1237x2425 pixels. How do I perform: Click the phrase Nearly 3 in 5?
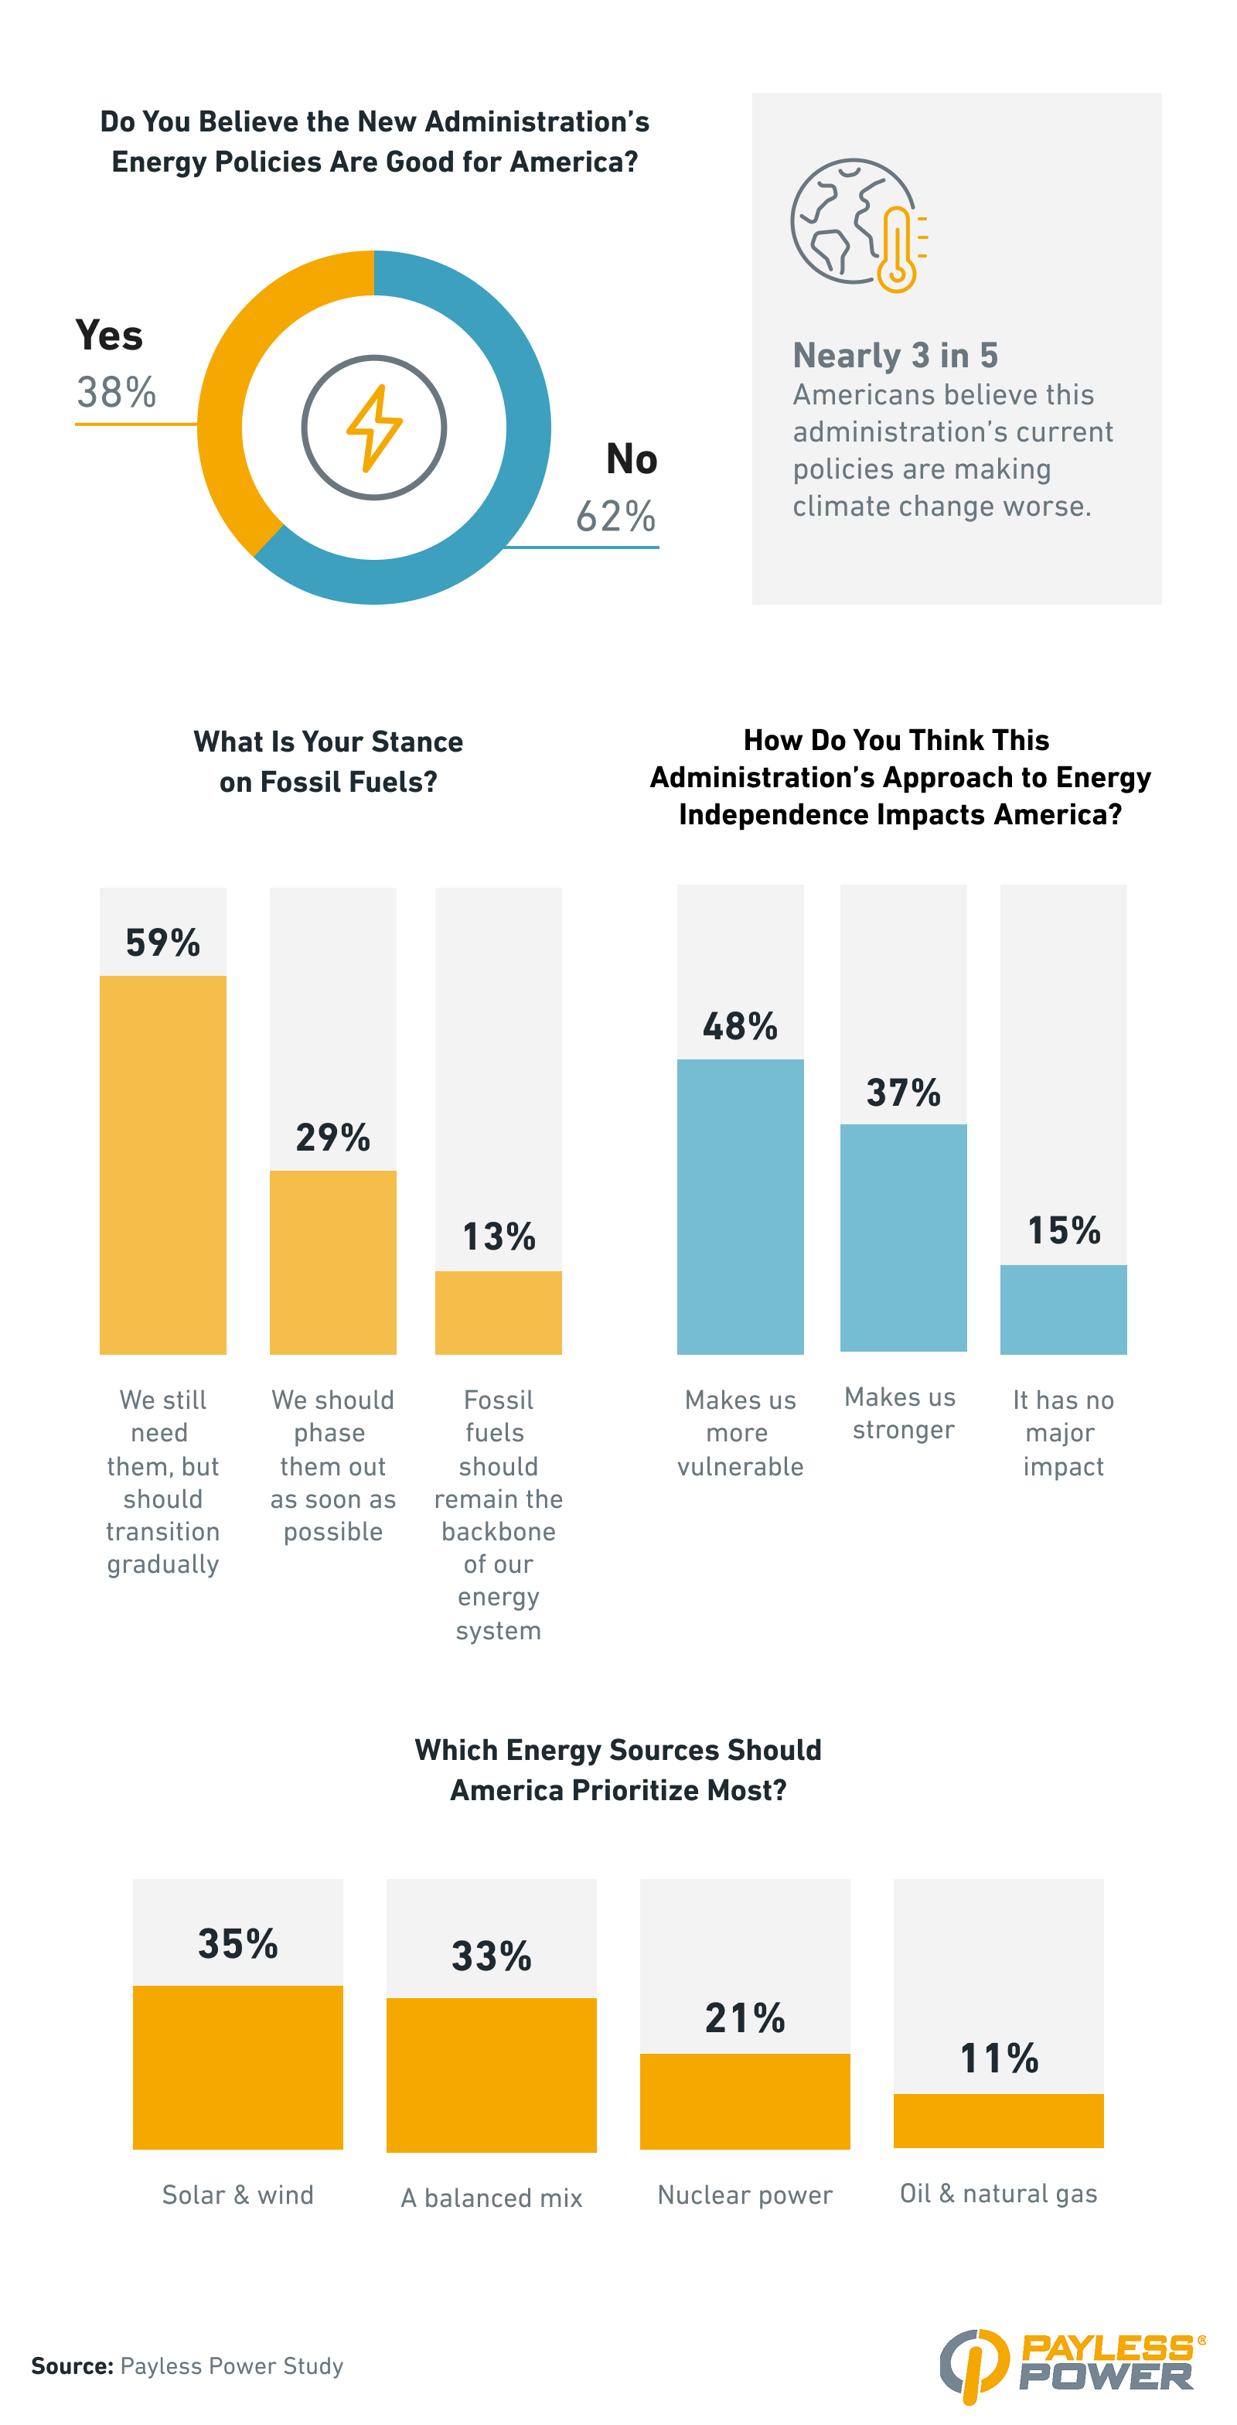click(895, 355)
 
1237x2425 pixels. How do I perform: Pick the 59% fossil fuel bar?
click(163, 1164)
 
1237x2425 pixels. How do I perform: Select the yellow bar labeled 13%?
click(498, 1312)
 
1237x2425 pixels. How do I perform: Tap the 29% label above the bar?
click(332, 1137)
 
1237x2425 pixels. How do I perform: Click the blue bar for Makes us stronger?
click(903, 1237)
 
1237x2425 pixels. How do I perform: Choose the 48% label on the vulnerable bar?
click(740, 1026)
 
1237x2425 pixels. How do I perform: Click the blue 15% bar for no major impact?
click(1063, 1308)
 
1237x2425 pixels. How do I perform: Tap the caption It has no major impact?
click(1063, 1432)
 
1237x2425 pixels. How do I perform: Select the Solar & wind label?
click(237, 2195)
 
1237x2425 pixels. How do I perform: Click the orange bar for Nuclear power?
click(745, 2100)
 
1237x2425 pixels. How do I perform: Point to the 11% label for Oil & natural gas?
click(998, 2058)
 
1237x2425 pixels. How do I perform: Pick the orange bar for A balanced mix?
click(492, 2075)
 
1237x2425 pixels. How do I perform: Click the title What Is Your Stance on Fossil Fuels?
click(328, 761)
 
